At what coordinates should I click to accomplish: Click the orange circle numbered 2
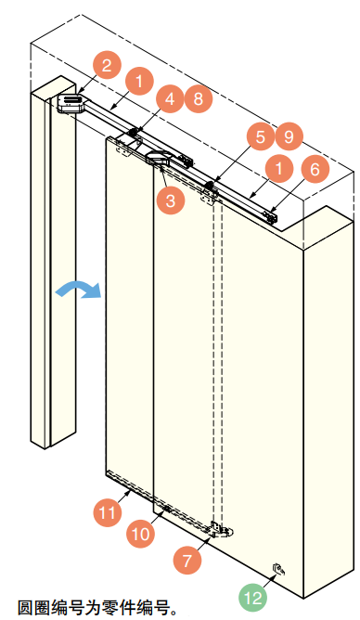(107, 65)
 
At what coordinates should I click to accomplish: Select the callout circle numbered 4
(170, 98)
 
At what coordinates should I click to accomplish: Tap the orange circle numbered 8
(199, 98)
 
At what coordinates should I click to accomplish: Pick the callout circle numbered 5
(261, 136)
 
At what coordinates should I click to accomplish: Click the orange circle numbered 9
(289, 136)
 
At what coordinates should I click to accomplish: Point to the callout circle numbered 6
(315, 169)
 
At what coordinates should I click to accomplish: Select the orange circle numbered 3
(171, 200)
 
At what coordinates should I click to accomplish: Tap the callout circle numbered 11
(107, 513)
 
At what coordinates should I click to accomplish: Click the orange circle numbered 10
(141, 534)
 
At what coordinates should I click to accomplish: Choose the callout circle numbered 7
(187, 560)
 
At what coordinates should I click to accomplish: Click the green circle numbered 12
(253, 597)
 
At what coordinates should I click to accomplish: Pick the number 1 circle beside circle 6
(279, 168)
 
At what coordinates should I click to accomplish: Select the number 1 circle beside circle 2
(139, 82)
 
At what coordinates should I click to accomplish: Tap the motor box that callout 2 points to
(71, 103)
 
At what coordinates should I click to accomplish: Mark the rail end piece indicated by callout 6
(271, 217)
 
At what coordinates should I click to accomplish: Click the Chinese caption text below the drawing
(97, 607)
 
